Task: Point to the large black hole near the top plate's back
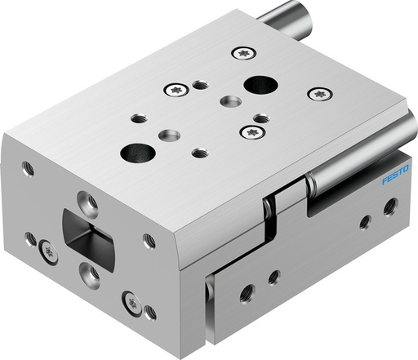(260, 83)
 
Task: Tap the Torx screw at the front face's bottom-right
(131, 303)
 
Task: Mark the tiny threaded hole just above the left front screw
(31, 237)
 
